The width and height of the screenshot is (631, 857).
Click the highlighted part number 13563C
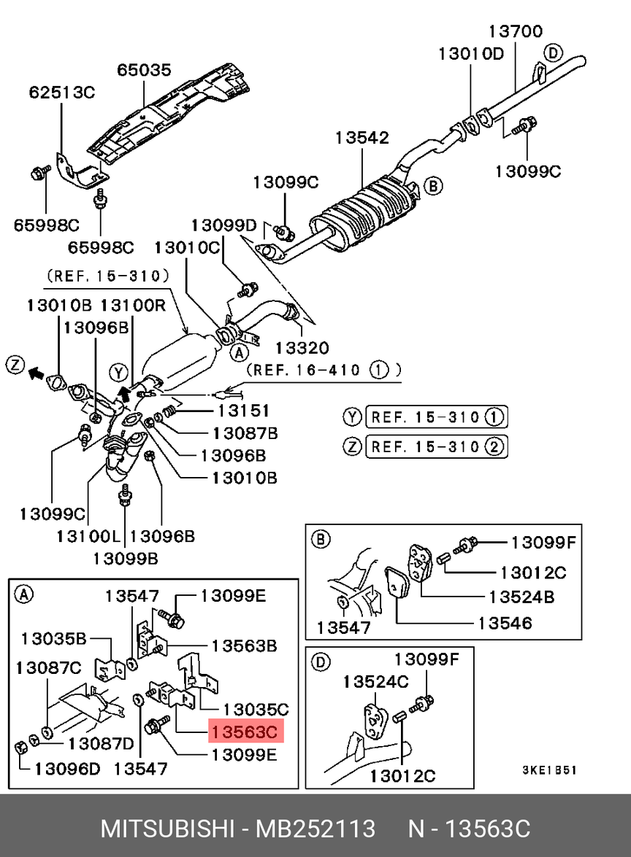coord(245,730)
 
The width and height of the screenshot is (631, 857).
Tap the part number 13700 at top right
coord(516,31)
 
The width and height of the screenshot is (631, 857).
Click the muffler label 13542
coord(362,138)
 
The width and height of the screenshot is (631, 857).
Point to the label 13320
coord(302,349)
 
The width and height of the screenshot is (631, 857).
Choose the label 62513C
coord(62,93)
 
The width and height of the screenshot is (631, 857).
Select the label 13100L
coord(88,537)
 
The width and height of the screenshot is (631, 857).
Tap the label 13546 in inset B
coord(505,623)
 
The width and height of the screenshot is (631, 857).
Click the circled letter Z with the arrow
coord(16,365)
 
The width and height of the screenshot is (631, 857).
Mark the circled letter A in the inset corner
coord(23,594)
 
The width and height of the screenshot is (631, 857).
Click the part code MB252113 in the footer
coord(315,829)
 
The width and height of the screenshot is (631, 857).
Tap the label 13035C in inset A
coord(256,708)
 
